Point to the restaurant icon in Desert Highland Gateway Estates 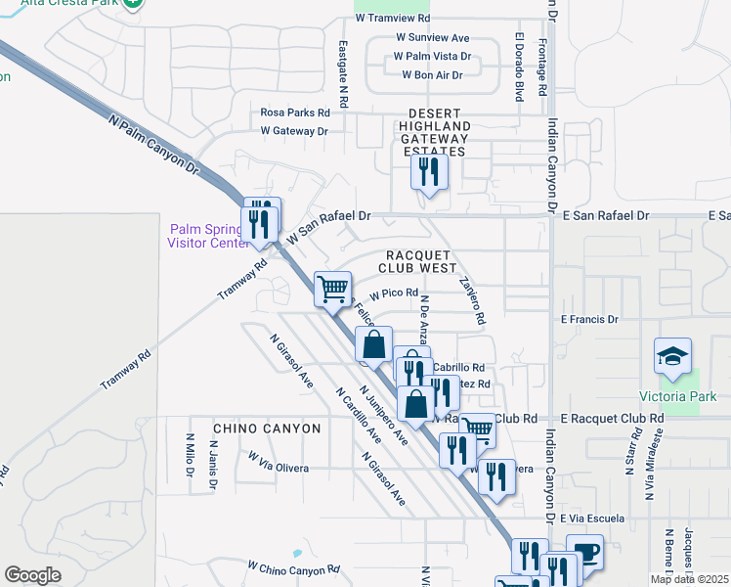click(429, 172)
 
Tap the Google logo click(32, 575)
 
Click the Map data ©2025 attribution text click(689, 579)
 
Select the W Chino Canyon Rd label click(293, 567)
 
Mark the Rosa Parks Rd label click(294, 113)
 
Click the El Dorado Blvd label click(519, 66)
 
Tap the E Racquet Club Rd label click(612, 418)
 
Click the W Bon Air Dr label click(431, 74)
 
